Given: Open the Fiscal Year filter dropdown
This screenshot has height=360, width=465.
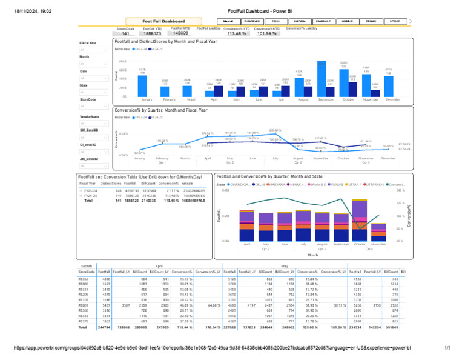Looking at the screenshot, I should (93, 50).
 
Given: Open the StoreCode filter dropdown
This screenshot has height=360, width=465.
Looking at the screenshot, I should (93, 106).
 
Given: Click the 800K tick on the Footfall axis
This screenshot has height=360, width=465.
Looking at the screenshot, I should (123, 61).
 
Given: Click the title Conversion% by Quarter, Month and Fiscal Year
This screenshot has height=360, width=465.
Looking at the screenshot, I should (161, 110).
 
